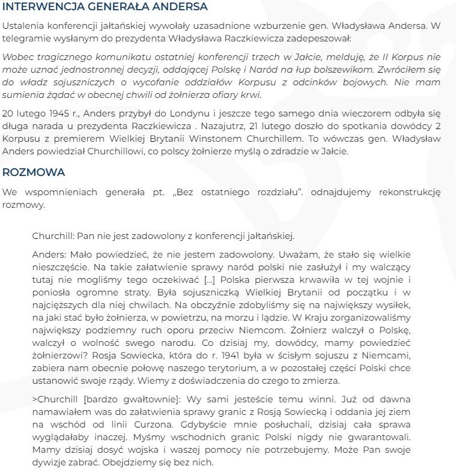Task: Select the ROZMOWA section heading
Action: tap(34, 172)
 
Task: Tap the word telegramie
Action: tap(25, 38)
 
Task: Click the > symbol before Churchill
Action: tap(35, 399)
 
